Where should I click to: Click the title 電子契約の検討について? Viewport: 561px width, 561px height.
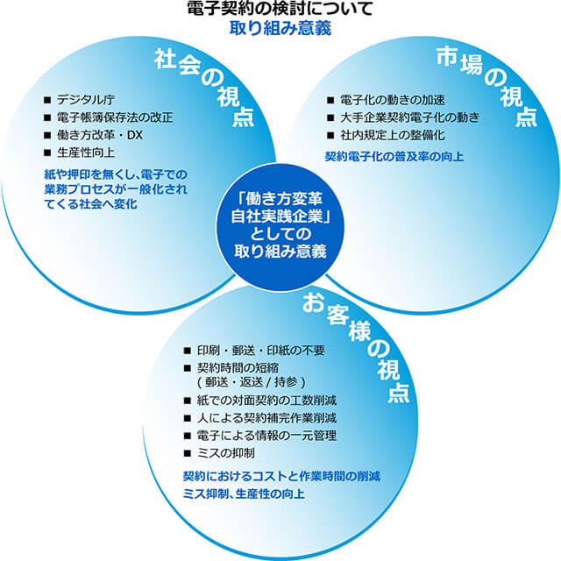tap(280, 10)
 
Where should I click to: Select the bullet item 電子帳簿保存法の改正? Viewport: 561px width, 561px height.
tap(114, 117)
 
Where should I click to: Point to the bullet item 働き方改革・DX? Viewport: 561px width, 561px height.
tap(99, 135)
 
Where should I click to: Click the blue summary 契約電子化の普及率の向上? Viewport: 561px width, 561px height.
tap(394, 157)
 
